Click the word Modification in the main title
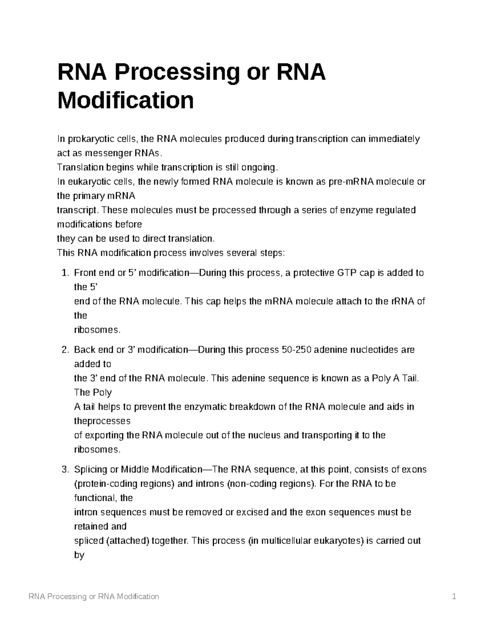tap(125, 100)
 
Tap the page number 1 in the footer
tap(454, 596)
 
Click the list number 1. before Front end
tap(66, 273)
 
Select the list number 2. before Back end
tap(66, 350)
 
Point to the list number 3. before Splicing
tap(66, 470)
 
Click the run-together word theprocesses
tap(102, 421)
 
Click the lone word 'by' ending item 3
tap(79, 555)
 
